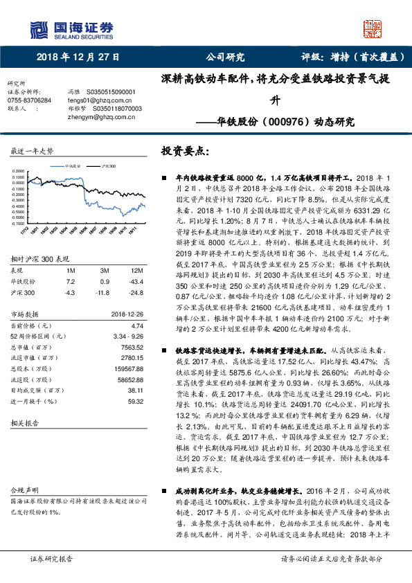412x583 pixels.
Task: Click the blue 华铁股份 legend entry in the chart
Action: click(x=71, y=167)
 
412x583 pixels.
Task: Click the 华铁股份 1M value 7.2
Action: click(x=71, y=262)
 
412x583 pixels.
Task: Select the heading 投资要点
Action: click(x=183, y=150)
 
